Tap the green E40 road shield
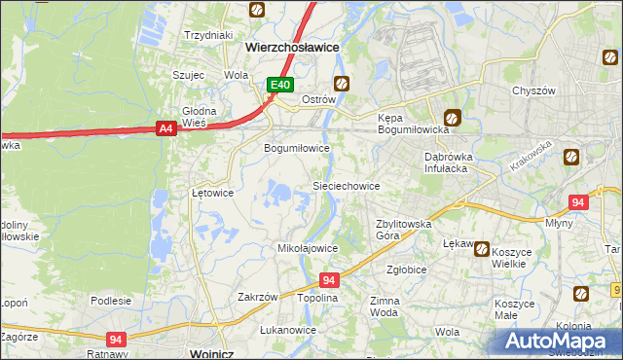[x=281, y=86]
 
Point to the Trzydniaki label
[x=208, y=35]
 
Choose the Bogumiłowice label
[x=298, y=148]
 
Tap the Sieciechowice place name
[x=345, y=185]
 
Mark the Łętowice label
[x=212, y=193]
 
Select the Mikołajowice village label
[x=308, y=248]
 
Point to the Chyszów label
[x=533, y=90]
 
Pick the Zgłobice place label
[x=407, y=270]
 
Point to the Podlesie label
[x=111, y=301]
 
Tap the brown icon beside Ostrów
[x=342, y=83]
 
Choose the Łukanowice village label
[x=288, y=330]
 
